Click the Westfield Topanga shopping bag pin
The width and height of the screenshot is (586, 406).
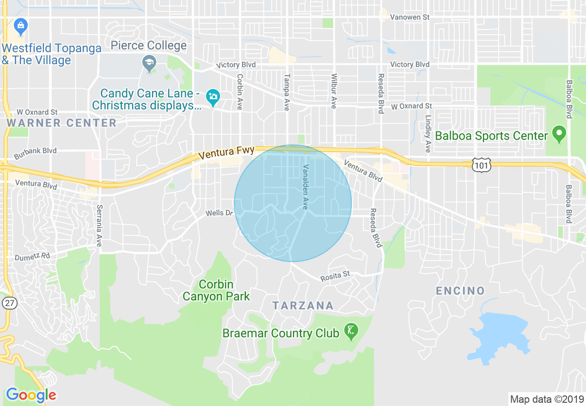coord(21,27)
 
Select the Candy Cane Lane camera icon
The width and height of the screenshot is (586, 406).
coord(213,97)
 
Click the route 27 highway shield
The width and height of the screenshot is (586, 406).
coord(9,303)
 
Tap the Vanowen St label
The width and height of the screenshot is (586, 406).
coord(409,17)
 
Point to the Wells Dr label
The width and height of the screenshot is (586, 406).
coord(219,213)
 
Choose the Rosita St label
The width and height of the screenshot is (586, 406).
coord(335,276)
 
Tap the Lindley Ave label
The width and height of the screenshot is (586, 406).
coord(428,134)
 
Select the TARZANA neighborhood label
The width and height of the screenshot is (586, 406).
coord(303,305)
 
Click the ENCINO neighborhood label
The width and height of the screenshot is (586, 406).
coord(460,291)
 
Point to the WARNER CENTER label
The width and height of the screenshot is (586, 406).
coord(61,123)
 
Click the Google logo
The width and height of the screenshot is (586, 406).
coord(31,395)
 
